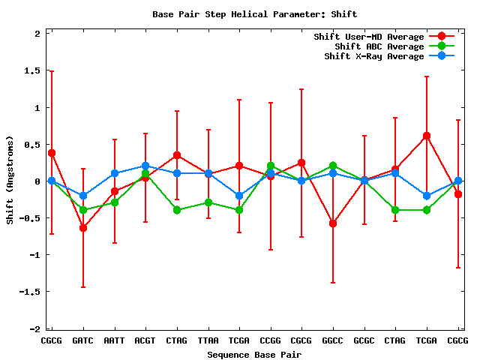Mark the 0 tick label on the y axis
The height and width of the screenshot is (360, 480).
pos(37,181)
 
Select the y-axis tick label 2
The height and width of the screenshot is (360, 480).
pos(37,33)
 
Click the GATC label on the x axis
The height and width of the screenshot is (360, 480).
pos(83,340)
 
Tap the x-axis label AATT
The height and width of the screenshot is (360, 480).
pos(115,340)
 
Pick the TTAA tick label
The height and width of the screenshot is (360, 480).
pos(208,340)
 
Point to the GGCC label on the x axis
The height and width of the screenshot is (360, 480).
pos(332,340)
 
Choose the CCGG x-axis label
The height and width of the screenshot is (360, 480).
pos(270,340)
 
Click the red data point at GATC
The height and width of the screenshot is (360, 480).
pos(83,227)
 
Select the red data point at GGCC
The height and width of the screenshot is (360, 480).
pos(332,223)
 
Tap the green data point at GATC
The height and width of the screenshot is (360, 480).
pos(83,210)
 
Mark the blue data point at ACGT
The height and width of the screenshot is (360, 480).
pos(145,166)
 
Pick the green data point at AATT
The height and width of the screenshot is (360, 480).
pos(115,202)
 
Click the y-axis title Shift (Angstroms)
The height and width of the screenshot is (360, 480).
pos(10,180)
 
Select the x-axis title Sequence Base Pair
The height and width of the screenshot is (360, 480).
pos(254,354)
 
